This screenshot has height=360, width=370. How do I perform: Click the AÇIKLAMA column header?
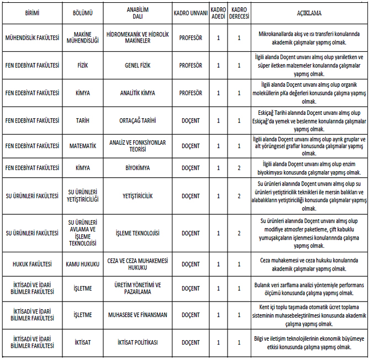click(309, 12)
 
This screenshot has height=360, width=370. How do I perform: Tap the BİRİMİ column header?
click(32, 12)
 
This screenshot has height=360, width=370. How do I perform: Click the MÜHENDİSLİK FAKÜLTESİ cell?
click(32, 38)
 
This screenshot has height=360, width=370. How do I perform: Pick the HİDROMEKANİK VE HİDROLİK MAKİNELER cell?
click(136, 38)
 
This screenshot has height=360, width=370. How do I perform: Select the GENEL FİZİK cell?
click(136, 65)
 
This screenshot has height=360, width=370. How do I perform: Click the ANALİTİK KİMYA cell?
click(136, 93)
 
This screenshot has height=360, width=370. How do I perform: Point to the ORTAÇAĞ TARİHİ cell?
click(136, 120)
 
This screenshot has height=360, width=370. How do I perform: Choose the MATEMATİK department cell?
click(82, 146)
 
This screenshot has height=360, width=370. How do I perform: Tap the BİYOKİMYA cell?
click(136, 168)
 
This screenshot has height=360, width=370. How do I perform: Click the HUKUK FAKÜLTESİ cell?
click(32, 264)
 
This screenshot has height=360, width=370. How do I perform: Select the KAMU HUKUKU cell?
click(82, 264)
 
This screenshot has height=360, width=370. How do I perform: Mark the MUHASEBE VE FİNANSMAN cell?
click(136, 315)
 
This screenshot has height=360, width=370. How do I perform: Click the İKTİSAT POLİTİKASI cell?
click(136, 342)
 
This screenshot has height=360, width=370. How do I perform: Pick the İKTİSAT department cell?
click(82, 342)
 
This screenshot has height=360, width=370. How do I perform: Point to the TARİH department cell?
click(82, 120)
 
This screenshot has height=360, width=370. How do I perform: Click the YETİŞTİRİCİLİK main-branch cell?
click(136, 195)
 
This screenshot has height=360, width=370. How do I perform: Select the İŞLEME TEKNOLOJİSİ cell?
click(136, 233)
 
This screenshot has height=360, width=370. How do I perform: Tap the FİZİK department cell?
click(82, 65)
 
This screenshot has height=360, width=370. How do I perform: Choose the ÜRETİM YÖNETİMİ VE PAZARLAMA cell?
click(136, 288)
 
